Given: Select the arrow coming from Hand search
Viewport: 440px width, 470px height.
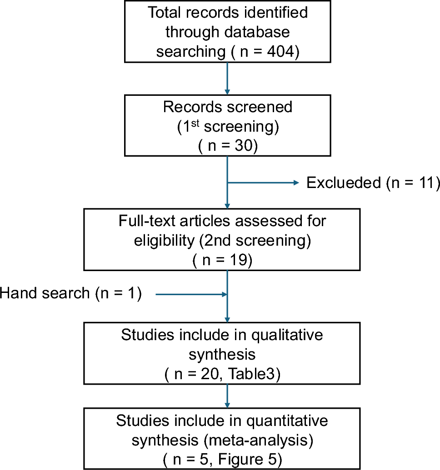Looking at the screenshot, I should pos(191,295).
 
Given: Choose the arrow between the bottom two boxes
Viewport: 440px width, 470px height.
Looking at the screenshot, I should pos(227,398).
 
